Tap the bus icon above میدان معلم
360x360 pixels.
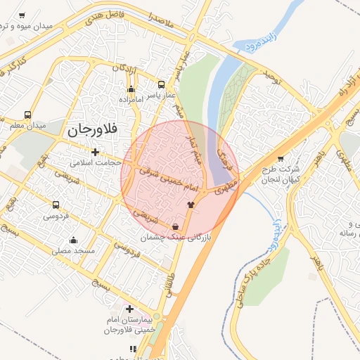27,115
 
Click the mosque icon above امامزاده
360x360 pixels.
130,89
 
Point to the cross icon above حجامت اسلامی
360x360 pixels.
95,152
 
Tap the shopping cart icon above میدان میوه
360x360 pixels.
22,15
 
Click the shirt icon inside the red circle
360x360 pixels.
190,205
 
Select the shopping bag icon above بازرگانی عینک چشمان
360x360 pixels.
174,226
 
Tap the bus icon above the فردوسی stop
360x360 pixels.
56,205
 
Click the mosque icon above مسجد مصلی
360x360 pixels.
73,240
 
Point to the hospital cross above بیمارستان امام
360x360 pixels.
129,308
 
